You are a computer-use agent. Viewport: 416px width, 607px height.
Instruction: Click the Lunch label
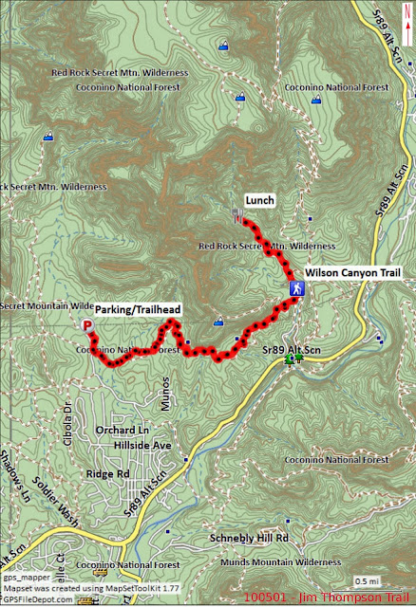(259, 200)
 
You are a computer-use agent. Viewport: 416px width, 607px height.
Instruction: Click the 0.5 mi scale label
(365, 580)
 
